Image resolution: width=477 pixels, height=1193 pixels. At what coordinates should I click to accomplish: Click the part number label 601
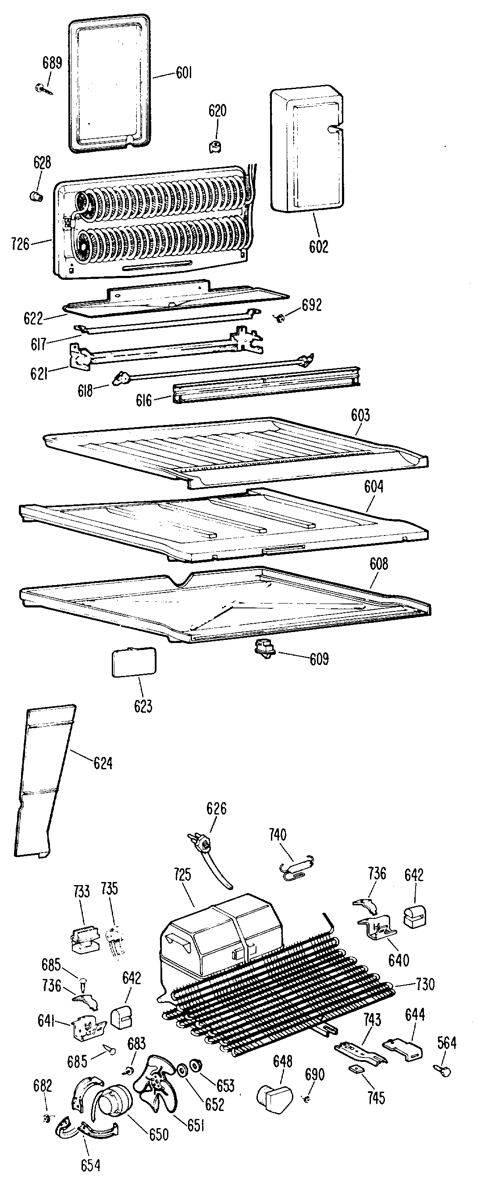pyautogui.click(x=184, y=73)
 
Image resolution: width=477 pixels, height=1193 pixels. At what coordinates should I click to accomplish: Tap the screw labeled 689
pyautogui.click(x=42, y=87)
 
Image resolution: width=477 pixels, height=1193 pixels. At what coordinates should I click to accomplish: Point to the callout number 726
pyautogui.click(x=20, y=244)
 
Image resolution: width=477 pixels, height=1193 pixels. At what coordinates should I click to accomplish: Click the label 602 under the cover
pyautogui.click(x=319, y=246)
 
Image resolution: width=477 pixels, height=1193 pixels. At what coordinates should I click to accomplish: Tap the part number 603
pyautogui.click(x=360, y=415)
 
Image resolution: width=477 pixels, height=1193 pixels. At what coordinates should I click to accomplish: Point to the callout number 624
pyautogui.click(x=103, y=763)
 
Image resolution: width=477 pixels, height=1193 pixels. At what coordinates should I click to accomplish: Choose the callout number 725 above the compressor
pyautogui.click(x=182, y=875)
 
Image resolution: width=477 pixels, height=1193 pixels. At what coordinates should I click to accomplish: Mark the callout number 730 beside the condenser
pyautogui.click(x=425, y=984)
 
